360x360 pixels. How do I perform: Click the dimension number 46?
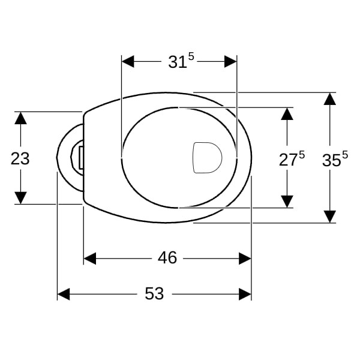pyautogui.click(x=167, y=257)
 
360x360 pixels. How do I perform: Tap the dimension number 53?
pyautogui.click(x=154, y=293)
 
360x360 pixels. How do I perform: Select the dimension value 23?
pyautogui.click(x=20, y=158)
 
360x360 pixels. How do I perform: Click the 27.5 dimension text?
pyautogui.click(x=292, y=158)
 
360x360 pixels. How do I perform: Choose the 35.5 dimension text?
pyautogui.click(x=335, y=158)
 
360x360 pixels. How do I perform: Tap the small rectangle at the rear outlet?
pyautogui.click(x=81, y=158)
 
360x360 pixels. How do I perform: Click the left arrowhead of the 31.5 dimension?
pyautogui.click(x=128, y=62)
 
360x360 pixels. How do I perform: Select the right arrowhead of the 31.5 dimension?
pyautogui.click(x=230, y=62)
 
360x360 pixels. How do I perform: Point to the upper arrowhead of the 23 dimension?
pyautogui.click(x=20, y=118)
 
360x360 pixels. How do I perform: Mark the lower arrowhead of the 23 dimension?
pyautogui.click(x=20, y=198)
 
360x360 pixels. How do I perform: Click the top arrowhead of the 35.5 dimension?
pyautogui.click(x=329, y=99)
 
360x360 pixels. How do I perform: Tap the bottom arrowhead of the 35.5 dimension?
pyautogui.click(x=329, y=217)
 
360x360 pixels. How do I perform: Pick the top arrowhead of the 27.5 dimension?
pyautogui.click(x=287, y=114)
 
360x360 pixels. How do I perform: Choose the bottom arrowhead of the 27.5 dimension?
pyautogui.click(x=287, y=202)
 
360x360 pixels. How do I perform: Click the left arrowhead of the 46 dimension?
pyautogui.click(x=90, y=259)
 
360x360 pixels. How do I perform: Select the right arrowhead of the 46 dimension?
pyautogui.click(x=245, y=259)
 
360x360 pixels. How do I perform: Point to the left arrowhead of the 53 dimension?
pyautogui.click(x=64, y=294)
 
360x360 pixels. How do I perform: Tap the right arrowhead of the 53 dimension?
pyautogui.click(x=245, y=294)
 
